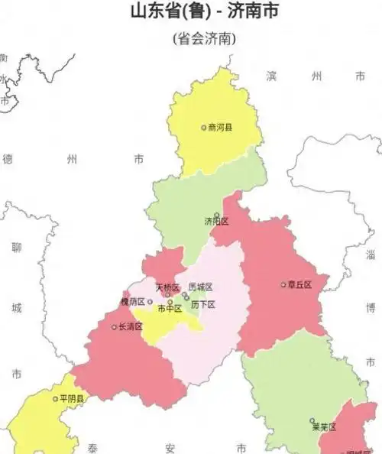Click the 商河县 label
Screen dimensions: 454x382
click(x=222, y=128)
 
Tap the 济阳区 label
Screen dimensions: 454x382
click(x=216, y=221)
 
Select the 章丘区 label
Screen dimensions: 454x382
click(x=300, y=284)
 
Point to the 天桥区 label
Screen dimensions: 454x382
click(x=167, y=287)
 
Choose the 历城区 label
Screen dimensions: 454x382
click(x=200, y=287)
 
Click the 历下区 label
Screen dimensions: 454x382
click(x=203, y=304)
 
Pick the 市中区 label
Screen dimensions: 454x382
click(x=170, y=309)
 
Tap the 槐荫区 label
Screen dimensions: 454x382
click(x=131, y=302)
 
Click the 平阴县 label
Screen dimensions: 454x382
click(x=71, y=398)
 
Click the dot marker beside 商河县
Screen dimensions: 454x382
click(x=203, y=128)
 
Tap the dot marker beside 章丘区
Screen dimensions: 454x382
click(x=283, y=284)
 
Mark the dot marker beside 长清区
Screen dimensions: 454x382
click(x=114, y=327)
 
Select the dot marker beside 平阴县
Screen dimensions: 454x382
click(x=54, y=398)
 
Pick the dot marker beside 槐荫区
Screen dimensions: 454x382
click(x=150, y=301)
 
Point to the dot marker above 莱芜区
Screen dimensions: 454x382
click(x=312, y=420)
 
